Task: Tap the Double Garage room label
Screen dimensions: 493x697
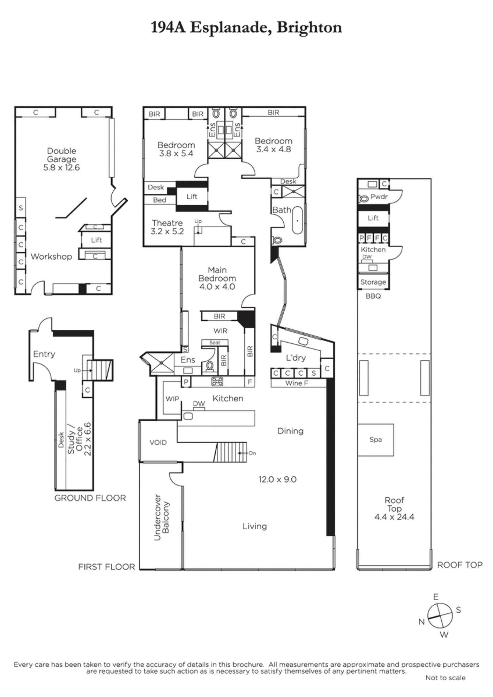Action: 62,155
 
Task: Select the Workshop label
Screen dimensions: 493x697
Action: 51,256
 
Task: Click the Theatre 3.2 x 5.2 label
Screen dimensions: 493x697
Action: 167,227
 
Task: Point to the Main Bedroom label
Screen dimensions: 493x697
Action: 217,274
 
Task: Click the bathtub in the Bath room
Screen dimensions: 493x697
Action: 297,221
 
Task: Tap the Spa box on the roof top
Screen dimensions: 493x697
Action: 375,440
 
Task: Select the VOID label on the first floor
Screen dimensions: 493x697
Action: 158,443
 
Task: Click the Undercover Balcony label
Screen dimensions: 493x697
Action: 162,517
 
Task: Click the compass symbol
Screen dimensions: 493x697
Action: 440,615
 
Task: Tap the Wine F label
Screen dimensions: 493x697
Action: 297,383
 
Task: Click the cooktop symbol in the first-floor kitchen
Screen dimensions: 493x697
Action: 217,382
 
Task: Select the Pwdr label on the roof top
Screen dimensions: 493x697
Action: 379,197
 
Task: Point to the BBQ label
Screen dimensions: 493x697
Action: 373,296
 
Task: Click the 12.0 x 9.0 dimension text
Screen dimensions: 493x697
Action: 277,480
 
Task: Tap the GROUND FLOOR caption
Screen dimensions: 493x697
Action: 90,498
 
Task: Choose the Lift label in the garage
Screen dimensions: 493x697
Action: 96,240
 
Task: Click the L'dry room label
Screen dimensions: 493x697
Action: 296,358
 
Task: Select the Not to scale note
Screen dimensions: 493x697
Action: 446,678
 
